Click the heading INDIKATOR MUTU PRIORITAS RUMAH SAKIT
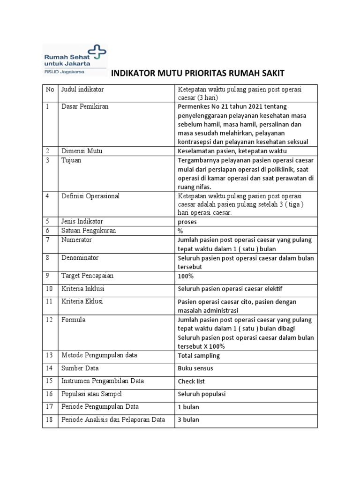pos(197,73)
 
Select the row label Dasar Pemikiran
pos(85,106)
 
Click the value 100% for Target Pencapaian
pos(186,276)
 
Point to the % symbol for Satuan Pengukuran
pos(180,231)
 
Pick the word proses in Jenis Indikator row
pos(187,221)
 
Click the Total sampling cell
pos(199,356)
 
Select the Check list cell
pos(191,382)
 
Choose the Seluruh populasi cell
pos(202,394)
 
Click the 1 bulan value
pos(188,407)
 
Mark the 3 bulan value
pos(188,420)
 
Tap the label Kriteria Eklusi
pos(82,301)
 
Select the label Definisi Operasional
pos(90,196)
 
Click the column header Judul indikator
pos(82,89)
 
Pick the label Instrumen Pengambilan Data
pos(103,381)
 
